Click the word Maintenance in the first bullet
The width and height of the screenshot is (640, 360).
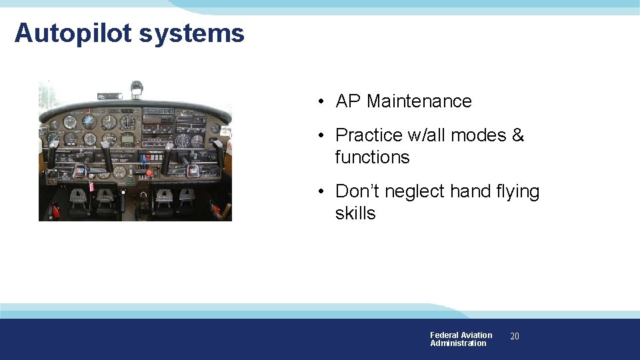[x=419, y=101]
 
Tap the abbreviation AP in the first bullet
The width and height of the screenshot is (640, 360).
[x=347, y=101]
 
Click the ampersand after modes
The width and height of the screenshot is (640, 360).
[x=518, y=135]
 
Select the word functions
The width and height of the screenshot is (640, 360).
[x=372, y=157]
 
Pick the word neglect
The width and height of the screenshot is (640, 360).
[x=415, y=191]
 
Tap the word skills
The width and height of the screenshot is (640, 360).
[x=355, y=213]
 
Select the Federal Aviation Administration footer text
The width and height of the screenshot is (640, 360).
[x=461, y=339]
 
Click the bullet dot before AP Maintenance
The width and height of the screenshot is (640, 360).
[x=321, y=102]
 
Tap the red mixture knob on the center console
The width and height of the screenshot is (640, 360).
[x=149, y=173]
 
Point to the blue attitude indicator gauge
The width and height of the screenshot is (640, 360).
[x=89, y=122]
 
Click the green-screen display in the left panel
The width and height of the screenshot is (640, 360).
[x=127, y=139]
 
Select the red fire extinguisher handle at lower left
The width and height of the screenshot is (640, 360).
[x=55, y=211]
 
